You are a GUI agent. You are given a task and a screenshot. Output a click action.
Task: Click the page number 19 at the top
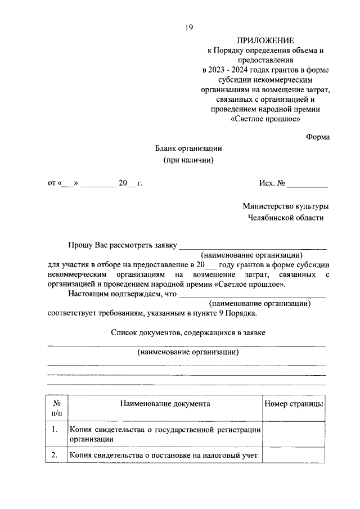(x=188, y=26)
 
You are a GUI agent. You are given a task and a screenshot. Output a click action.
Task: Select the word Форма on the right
(x=318, y=137)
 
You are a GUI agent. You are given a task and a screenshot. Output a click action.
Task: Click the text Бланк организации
(x=189, y=148)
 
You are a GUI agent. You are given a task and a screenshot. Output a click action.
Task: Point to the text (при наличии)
(x=189, y=160)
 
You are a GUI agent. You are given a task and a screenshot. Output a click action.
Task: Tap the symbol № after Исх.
(x=281, y=183)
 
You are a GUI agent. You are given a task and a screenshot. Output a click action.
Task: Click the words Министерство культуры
(x=286, y=206)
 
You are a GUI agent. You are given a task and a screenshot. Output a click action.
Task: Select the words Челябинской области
(x=286, y=218)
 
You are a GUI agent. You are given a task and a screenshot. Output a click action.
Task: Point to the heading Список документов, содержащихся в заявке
(x=188, y=332)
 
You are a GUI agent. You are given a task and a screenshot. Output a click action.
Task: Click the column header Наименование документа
(x=165, y=404)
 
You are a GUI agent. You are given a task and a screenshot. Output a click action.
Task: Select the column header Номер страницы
(x=293, y=404)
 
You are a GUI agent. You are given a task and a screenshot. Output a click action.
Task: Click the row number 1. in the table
(x=55, y=430)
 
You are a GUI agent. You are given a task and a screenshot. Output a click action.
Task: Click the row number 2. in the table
(x=55, y=455)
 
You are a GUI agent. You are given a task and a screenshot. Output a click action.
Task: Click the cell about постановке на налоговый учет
(x=163, y=456)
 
